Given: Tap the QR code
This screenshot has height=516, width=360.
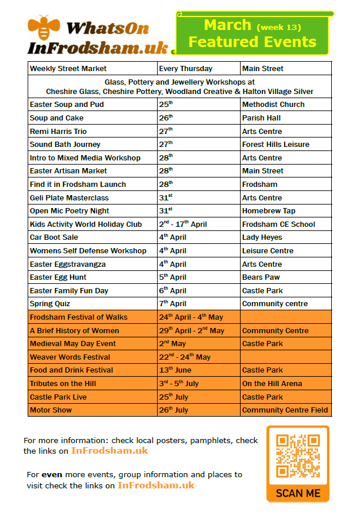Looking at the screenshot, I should point(297,456).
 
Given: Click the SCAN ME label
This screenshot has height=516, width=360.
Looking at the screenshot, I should point(298,492).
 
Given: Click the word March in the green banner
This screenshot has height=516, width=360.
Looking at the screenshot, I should point(228,25).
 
